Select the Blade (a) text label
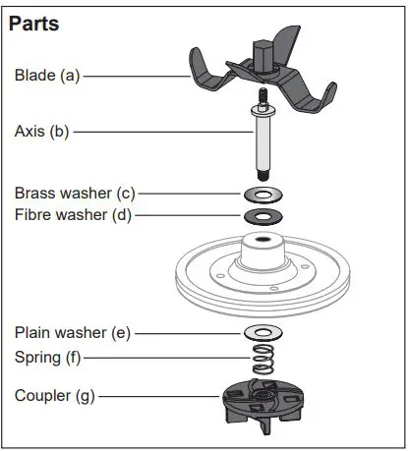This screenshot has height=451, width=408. [x=47, y=74]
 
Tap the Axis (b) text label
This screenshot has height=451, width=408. [x=41, y=130]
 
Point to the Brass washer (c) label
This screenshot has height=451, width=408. [x=74, y=193]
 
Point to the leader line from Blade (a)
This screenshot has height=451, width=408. [x=138, y=75]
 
